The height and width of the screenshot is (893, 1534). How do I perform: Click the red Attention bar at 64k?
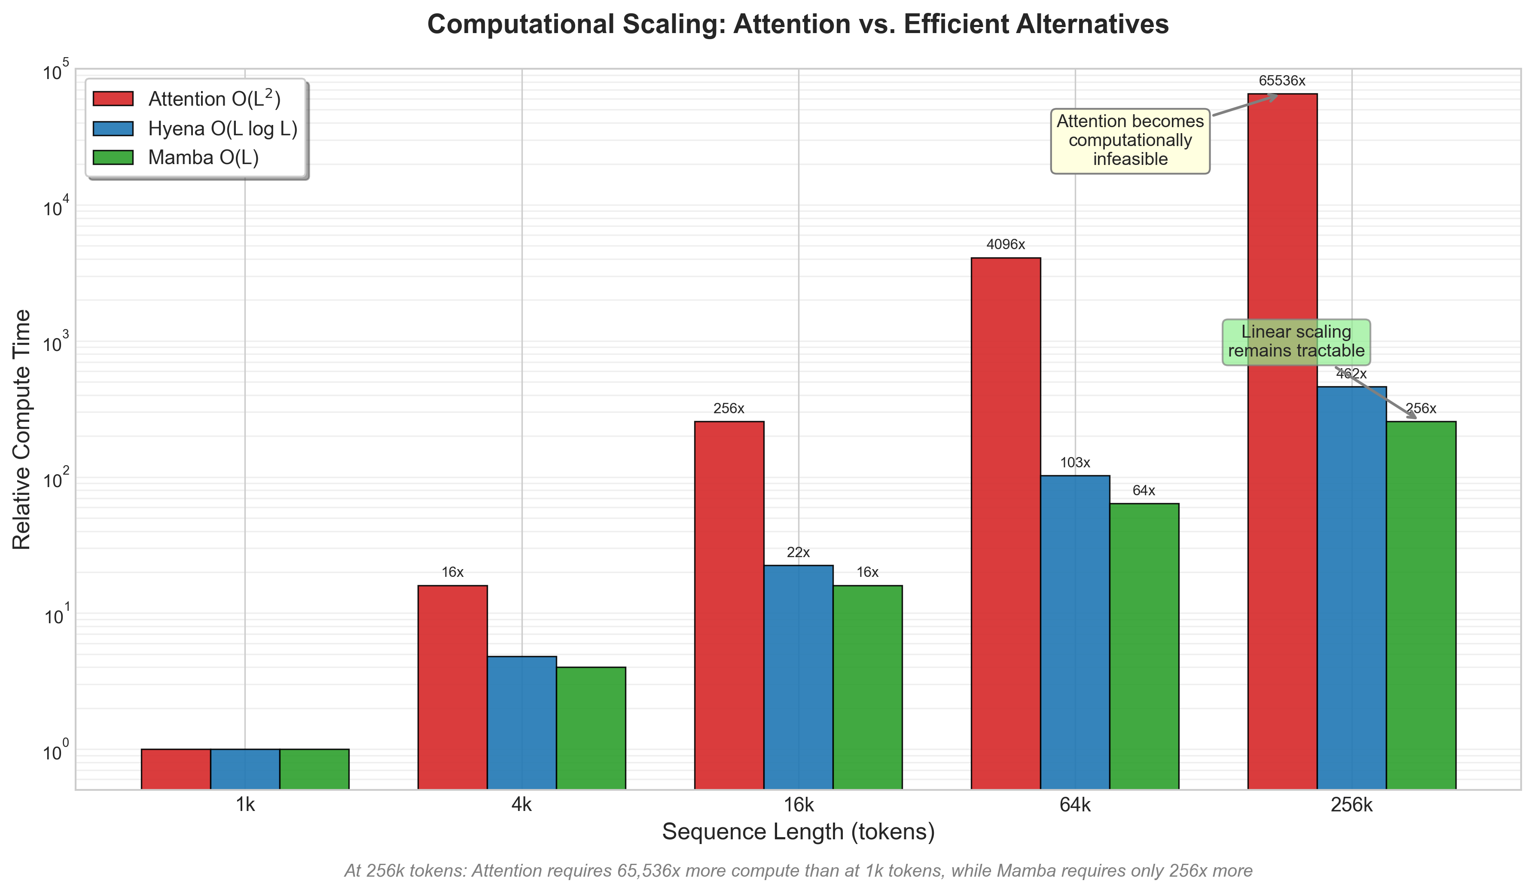coord(1005,524)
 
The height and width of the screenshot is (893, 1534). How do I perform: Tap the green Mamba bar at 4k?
coord(591,728)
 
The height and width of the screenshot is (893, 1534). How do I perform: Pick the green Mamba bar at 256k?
coord(1421,605)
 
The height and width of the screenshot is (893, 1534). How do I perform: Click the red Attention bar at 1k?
coord(176,769)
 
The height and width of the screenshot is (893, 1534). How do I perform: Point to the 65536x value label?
coord(1282,81)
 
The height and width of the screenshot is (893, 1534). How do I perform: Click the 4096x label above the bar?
coord(1006,245)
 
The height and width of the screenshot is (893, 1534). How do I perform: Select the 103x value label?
coord(1075,463)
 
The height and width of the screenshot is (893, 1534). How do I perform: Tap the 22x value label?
coord(798,553)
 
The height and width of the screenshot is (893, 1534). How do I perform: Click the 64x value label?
coord(1144,491)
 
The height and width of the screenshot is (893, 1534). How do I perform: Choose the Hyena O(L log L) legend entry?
coord(222,128)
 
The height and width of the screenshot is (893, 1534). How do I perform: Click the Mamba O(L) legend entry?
coord(203,158)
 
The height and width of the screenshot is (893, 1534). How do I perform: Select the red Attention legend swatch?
coord(113,99)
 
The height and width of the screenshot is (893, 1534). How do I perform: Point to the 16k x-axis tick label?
coord(798,805)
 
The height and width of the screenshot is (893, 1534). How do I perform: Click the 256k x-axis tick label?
coord(1351,805)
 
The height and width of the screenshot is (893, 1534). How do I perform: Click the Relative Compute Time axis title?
coord(22,429)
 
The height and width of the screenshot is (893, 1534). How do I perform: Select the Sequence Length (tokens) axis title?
coord(798,832)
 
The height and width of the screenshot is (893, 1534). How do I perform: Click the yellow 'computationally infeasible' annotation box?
coord(1130,140)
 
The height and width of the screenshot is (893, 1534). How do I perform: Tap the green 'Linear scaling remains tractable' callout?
coord(1296,341)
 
